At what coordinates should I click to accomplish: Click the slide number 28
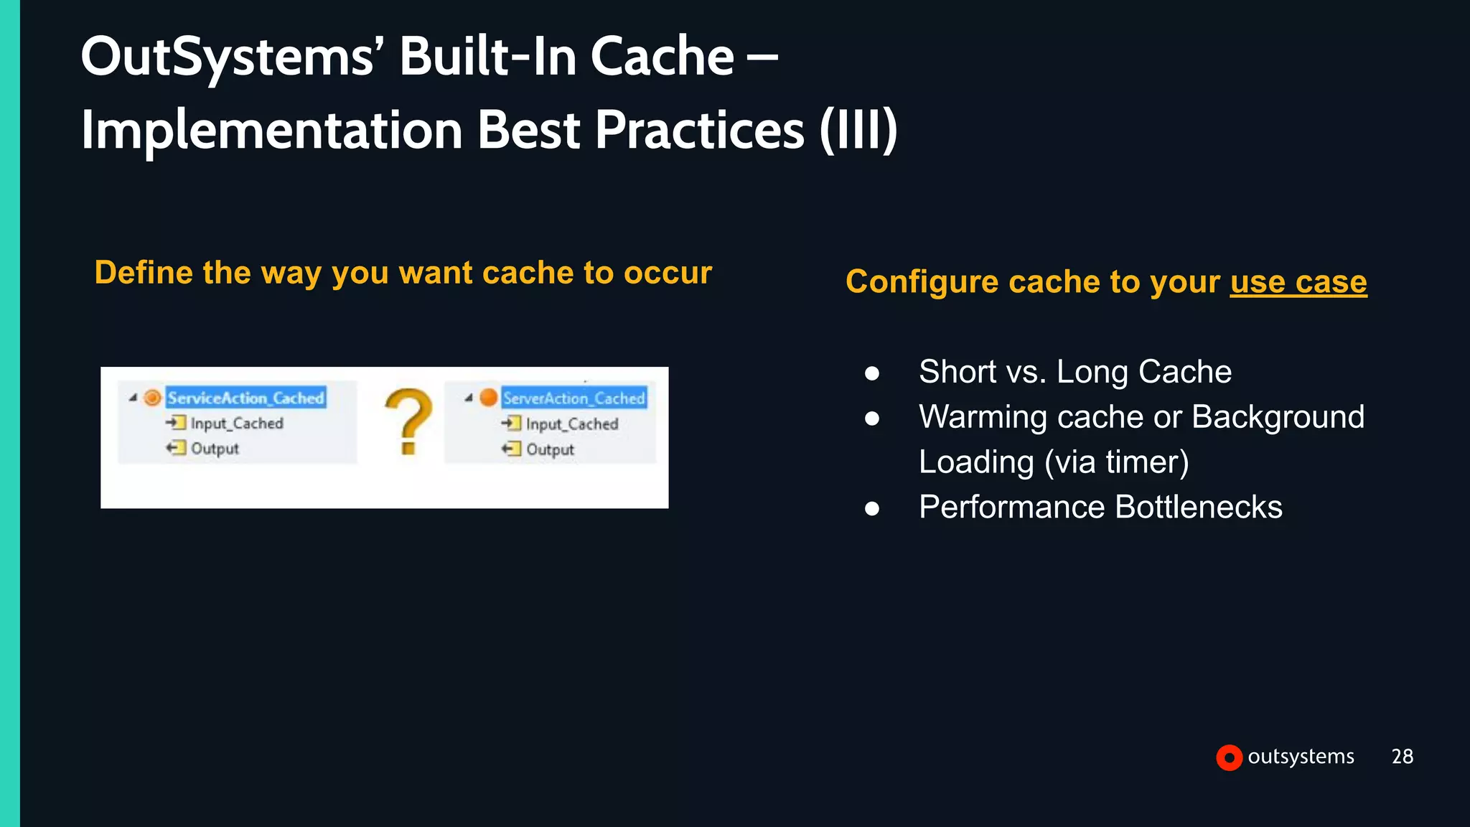(1402, 756)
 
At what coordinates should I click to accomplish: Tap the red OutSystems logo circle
(1229, 757)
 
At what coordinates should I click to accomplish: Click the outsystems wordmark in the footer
(1301, 756)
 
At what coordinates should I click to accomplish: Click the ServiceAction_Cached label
(245, 398)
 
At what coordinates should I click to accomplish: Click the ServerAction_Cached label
(574, 398)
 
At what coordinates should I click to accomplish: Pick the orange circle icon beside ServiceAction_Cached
(152, 398)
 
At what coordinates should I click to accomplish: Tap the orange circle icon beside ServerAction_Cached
(488, 397)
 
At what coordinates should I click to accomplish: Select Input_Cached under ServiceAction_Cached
(236, 424)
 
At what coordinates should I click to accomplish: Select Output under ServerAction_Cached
(550, 449)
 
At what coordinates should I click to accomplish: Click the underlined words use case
(1298, 281)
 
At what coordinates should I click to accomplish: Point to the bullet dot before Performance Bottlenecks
(872, 508)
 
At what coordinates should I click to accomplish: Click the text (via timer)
(1116, 462)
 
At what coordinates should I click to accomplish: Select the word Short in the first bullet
(958, 372)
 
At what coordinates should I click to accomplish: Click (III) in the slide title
(858, 130)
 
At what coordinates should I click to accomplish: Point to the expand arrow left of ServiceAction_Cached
(133, 398)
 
